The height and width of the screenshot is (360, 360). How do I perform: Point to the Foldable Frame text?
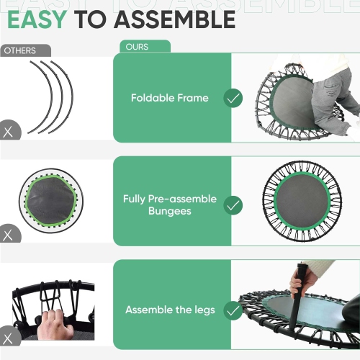click(x=170, y=98)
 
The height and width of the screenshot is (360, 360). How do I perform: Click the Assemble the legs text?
click(x=170, y=310)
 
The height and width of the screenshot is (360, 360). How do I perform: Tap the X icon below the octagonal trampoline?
click(x=9, y=235)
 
